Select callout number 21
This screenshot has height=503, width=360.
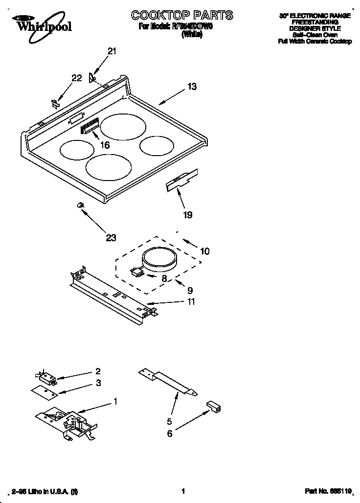pos(112,51)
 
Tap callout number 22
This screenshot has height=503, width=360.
pos(76,78)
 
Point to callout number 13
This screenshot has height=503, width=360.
pos(192,87)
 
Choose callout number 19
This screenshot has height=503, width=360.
pos(187,214)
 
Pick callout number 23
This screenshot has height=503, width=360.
pos(111,238)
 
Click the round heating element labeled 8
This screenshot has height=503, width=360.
pos(159,260)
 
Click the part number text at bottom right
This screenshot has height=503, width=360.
pos(328,491)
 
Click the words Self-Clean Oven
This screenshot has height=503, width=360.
pos(315,35)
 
